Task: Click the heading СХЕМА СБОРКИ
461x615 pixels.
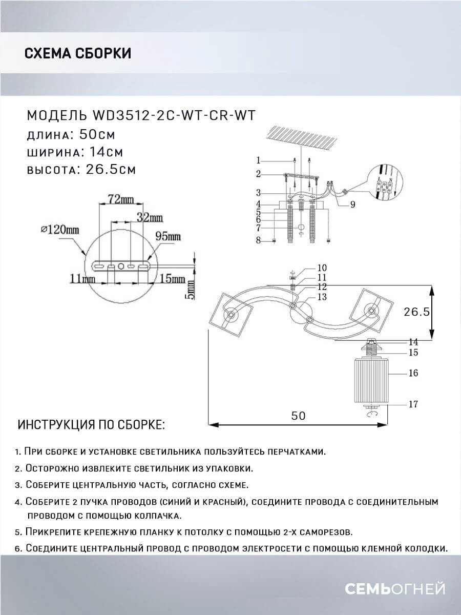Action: point(78,53)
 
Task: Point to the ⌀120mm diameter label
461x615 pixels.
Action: point(61,230)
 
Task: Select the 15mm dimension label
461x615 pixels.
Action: point(172,279)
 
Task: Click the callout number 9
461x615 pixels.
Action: point(353,205)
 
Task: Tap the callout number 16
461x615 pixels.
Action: point(413,373)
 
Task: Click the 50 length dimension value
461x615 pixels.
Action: point(298,416)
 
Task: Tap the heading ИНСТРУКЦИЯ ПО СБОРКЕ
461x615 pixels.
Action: point(91,425)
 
